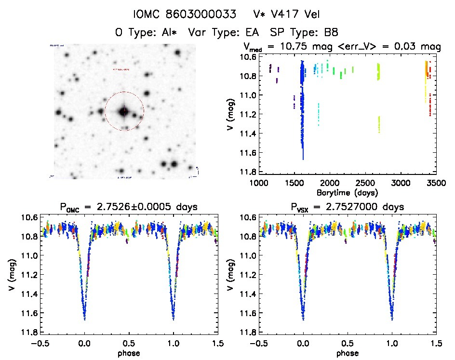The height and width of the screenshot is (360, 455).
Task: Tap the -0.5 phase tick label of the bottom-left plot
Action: click(x=39, y=344)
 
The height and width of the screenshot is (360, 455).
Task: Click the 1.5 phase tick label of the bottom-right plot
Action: click(x=435, y=344)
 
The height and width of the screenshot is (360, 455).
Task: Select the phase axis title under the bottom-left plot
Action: click(x=129, y=353)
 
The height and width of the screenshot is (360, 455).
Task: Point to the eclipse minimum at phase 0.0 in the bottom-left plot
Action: click(x=84, y=319)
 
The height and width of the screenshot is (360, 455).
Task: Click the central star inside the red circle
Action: click(x=124, y=111)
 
